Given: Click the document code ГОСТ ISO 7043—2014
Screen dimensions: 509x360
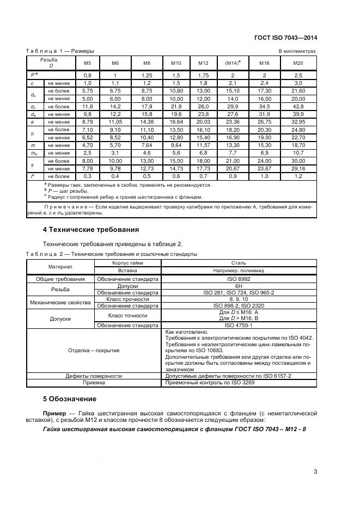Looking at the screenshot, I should (286, 38).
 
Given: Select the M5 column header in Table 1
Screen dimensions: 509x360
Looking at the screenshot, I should (87, 63).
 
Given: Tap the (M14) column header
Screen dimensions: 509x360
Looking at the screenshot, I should (233, 63).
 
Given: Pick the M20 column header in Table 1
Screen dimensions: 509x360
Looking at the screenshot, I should (298, 63).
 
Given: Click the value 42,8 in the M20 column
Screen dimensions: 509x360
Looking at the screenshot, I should (298, 107).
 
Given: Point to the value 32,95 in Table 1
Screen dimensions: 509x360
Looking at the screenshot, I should (298, 123).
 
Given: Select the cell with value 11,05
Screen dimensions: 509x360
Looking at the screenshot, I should (115, 123).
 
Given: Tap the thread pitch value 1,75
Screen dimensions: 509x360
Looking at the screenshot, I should (204, 75).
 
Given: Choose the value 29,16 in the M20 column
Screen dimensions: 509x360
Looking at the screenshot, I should (298, 169).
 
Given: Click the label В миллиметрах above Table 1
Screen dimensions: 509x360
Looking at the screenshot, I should (297, 51).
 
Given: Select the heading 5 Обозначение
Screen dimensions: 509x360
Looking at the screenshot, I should (70, 399).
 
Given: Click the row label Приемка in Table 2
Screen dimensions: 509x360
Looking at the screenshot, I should (94, 383).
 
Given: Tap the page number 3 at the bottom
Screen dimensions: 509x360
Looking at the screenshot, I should (315, 472).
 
